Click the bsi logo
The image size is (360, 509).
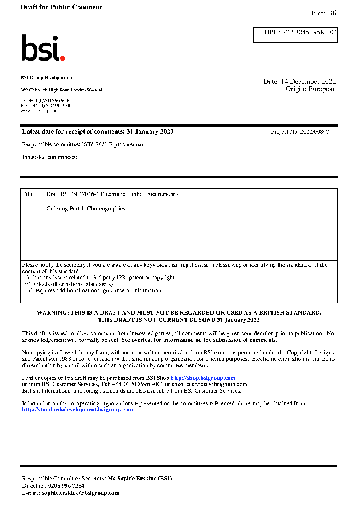click(x=42, y=48)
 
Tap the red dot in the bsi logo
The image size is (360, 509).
click(x=62, y=58)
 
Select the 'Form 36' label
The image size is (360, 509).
click(x=323, y=13)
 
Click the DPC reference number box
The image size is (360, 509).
click(x=295, y=35)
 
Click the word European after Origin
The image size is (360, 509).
click(x=322, y=89)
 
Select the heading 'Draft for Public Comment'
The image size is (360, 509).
click(x=61, y=7)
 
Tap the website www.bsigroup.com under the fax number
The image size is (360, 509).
click(x=40, y=111)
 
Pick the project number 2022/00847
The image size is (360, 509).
click(x=314, y=132)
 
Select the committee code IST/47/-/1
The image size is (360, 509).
click(x=94, y=144)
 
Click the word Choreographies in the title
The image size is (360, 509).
click(x=106, y=209)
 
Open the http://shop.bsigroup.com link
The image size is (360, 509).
click(x=203, y=378)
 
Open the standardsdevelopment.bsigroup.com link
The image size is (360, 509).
click(x=77, y=410)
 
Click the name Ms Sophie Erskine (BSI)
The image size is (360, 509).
click(x=140, y=479)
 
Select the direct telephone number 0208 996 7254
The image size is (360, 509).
click(x=66, y=486)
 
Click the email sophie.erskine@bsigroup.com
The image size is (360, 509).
click(x=81, y=493)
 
